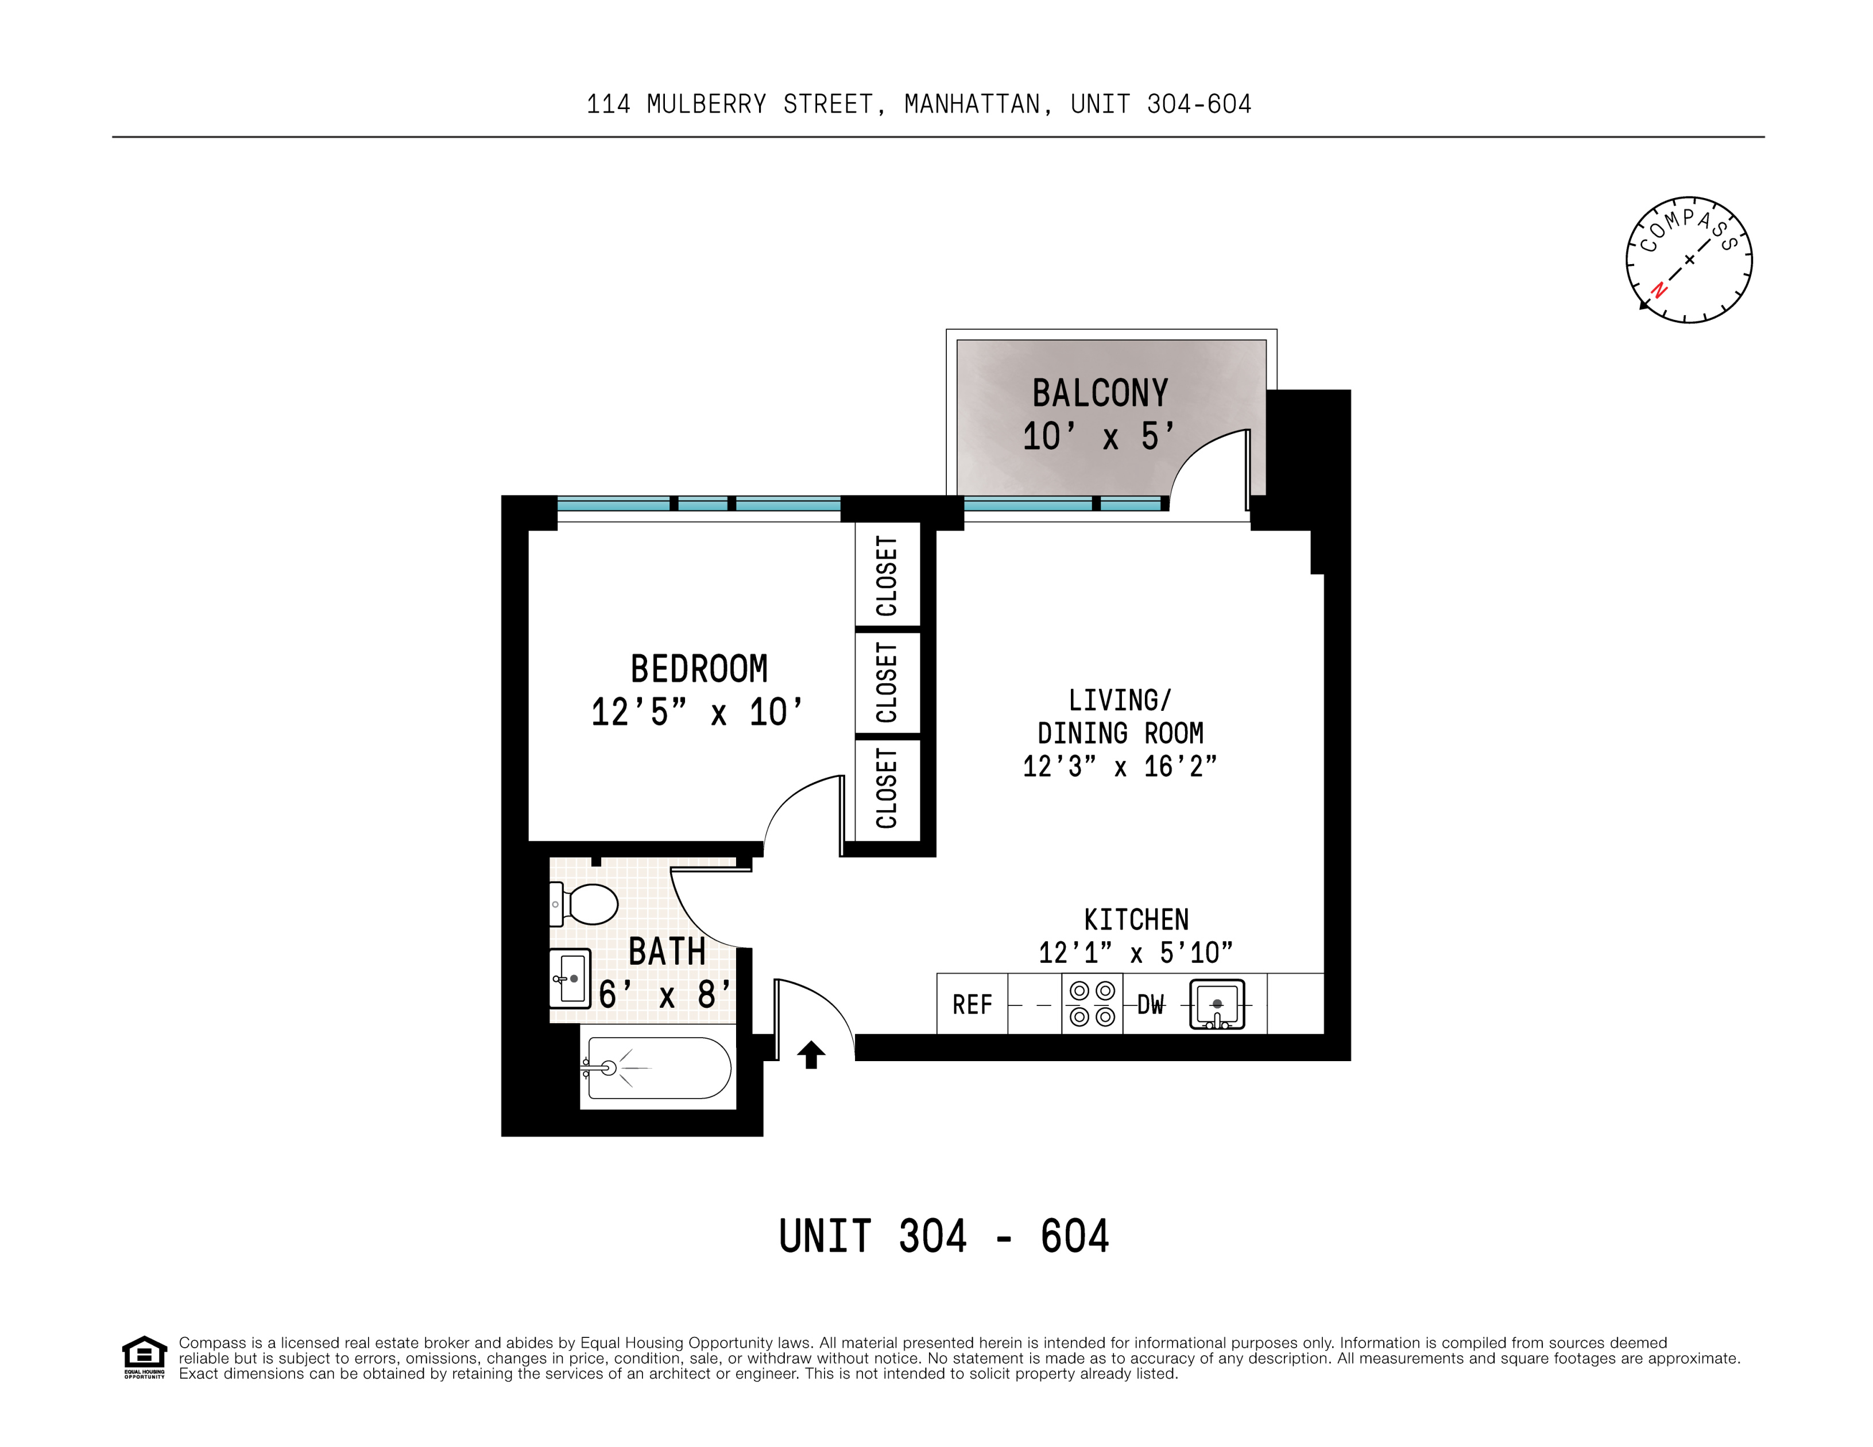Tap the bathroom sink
tap(570, 978)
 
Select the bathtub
tap(658, 1068)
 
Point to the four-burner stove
tap(1092, 1004)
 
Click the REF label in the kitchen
tap(972, 1004)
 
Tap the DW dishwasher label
tap(1150, 1004)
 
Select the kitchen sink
tap(1216, 1004)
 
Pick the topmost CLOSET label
tap(887, 575)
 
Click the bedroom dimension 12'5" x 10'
tap(696, 713)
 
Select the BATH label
tap(667, 951)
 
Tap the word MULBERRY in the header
tap(706, 105)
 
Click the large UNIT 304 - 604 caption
tap(943, 1237)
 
